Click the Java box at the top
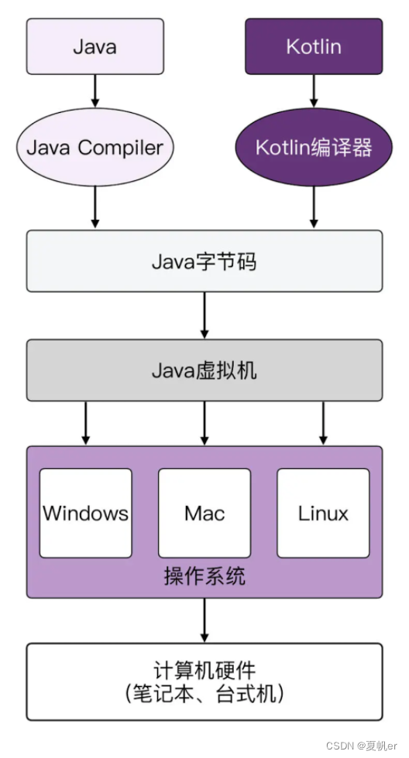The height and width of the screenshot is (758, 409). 95,46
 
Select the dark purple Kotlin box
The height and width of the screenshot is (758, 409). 314,46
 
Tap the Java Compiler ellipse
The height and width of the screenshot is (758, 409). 95,148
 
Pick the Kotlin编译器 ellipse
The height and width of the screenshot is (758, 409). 314,148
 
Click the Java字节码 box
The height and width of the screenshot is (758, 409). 204,261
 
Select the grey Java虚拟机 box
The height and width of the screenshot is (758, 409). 204,370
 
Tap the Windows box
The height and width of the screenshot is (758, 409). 85,513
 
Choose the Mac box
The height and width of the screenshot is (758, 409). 204,513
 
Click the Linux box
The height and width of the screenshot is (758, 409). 323,513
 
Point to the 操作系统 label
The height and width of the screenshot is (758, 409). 204,576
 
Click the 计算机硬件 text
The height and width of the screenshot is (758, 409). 204,669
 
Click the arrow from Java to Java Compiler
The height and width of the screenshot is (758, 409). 95,90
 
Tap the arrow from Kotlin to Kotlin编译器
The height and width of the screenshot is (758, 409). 314,90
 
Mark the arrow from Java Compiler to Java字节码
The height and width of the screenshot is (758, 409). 95,207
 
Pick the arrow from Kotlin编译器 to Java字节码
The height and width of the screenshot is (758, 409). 314,207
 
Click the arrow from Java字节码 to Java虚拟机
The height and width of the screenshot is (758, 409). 204,316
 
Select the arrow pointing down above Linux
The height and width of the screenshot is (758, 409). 323,424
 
